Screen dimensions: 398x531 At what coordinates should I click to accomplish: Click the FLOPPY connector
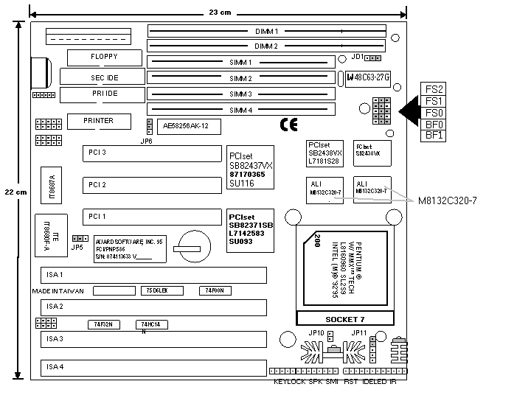(103, 57)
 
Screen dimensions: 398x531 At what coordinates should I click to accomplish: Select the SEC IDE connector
(104, 77)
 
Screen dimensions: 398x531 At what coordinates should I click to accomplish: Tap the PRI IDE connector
(104, 94)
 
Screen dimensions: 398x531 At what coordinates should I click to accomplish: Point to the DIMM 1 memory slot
(266, 32)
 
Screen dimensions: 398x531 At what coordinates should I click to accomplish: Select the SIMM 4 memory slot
(240, 111)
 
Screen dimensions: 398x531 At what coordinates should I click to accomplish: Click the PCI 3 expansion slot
(150, 153)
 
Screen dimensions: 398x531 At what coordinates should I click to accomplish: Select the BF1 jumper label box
(434, 136)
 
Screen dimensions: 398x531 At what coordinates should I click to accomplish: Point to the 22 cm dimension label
(16, 191)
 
